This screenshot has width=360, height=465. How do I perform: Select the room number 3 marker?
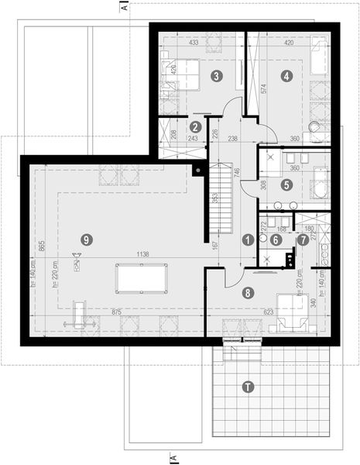click(x=217, y=76)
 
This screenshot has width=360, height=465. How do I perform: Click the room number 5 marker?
click(x=287, y=185)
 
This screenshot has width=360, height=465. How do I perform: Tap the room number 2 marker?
click(x=196, y=126)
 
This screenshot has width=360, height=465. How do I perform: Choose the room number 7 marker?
click(x=303, y=240)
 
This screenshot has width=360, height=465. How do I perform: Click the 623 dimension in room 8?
click(x=249, y=312)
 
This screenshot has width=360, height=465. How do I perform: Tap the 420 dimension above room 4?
click(x=288, y=43)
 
